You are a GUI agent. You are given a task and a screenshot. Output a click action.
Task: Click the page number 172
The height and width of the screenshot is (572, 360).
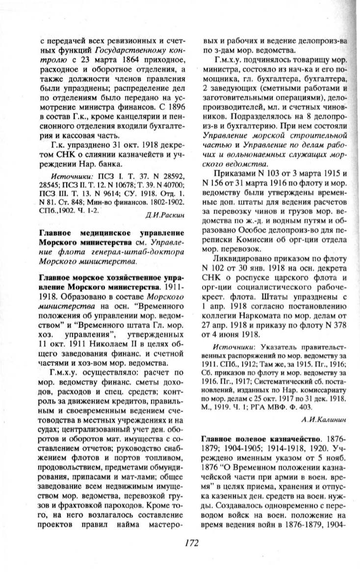(191, 543)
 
